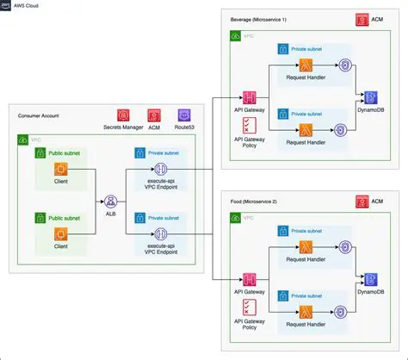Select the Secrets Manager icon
124,115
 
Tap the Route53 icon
182,115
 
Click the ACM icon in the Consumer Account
153,115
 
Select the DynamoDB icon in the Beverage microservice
371,96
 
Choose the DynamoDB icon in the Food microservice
371,279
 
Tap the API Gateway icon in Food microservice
252,279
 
